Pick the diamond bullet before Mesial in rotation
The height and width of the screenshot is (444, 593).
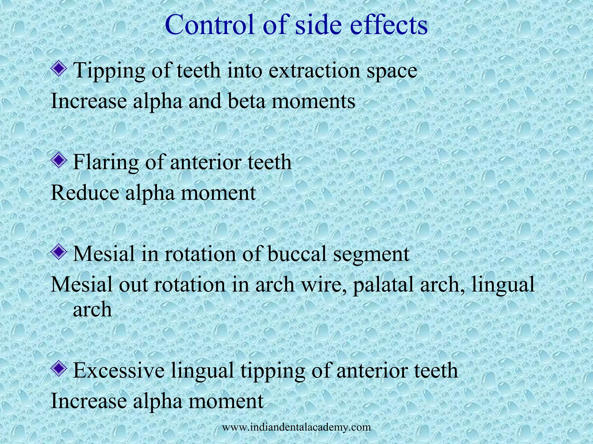(x=59, y=252)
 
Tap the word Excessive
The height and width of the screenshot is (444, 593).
(x=119, y=371)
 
